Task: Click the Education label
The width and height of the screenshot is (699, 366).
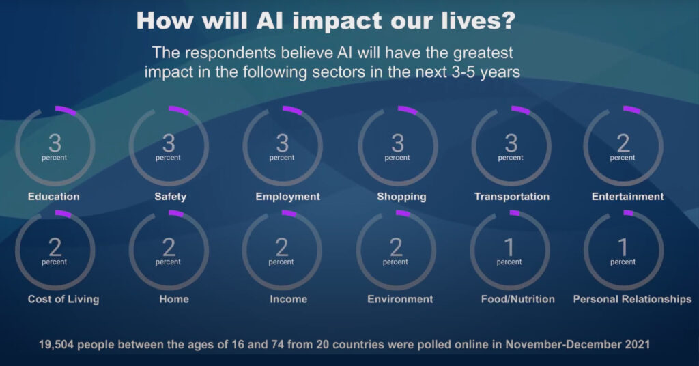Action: click(53, 197)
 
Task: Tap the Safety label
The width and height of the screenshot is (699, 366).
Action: click(170, 197)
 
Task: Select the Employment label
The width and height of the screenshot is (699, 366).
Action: click(287, 197)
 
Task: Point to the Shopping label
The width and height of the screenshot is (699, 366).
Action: click(401, 197)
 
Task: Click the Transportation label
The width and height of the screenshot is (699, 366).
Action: click(512, 197)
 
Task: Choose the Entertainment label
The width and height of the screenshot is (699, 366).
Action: click(628, 197)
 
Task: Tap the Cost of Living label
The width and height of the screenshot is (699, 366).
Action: click(63, 300)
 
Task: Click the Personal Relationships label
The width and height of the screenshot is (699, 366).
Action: click(632, 300)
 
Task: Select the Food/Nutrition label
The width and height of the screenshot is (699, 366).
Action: click(518, 299)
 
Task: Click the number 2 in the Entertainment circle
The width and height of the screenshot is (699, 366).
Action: click(623, 143)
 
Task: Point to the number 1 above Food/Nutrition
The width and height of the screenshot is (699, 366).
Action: click(509, 247)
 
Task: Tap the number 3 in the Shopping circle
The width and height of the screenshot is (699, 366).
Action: click(398, 143)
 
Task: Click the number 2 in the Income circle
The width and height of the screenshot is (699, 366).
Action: click(282, 247)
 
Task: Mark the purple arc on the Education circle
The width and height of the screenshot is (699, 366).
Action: click(66, 110)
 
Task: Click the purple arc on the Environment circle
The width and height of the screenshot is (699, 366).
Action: click(403, 214)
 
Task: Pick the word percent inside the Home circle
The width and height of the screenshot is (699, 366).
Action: click(168, 262)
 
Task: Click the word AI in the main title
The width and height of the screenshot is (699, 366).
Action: click(270, 20)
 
